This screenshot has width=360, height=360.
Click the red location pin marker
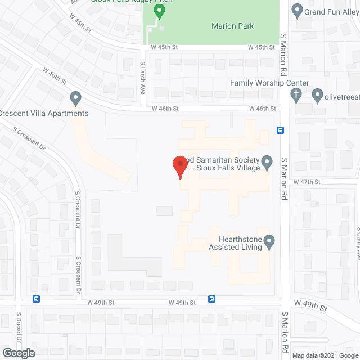[x=179, y=167]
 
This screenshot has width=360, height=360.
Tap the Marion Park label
[x=232, y=26]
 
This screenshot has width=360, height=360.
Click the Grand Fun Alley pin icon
[x=297, y=10]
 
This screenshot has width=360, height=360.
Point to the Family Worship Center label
[x=269, y=83]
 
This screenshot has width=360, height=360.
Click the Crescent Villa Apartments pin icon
[x=75, y=99]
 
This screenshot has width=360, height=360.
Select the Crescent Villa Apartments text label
[x=44, y=113]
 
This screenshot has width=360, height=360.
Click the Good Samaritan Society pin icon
[x=268, y=163]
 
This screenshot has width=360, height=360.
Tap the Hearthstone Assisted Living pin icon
[x=269, y=242]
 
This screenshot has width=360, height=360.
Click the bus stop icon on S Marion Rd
[x=280, y=130]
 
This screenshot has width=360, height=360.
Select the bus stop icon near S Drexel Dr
[x=37, y=299]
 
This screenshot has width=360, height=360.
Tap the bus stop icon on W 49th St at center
[x=212, y=299]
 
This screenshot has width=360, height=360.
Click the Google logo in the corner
[x=18, y=353]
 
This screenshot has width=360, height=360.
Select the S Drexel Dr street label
[x=18, y=335]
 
